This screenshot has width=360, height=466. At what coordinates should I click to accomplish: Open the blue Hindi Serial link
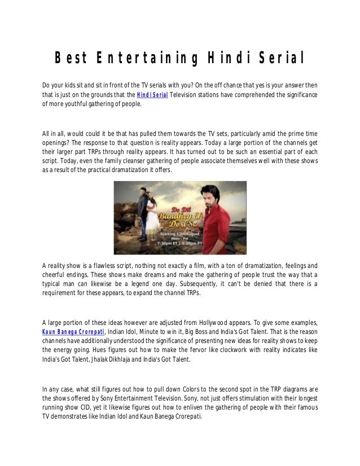152,94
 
